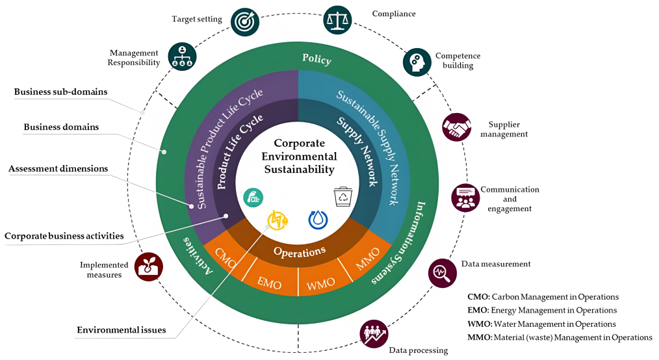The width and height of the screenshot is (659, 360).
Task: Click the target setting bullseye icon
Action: tap(245, 21)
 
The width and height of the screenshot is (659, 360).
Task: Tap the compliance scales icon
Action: tap(337, 19)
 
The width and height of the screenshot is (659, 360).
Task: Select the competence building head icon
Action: tap(417, 62)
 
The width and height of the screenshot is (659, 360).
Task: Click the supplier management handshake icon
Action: tap(456, 127)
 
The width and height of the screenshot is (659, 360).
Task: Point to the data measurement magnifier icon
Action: tap(442, 272)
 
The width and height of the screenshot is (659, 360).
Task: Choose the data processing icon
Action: tap(374, 333)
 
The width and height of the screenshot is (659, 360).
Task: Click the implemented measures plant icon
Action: tap(148, 266)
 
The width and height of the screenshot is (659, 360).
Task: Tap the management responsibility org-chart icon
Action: tap(182, 57)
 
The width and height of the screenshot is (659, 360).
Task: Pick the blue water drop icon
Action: tap(318, 220)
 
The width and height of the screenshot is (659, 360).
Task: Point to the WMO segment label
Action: tap(320, 283)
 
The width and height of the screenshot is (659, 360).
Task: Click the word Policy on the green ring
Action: tap(317, 59)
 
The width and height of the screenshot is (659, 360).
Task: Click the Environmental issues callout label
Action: tap(122, 330)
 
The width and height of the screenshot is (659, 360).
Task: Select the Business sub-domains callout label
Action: tap(61, 92)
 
